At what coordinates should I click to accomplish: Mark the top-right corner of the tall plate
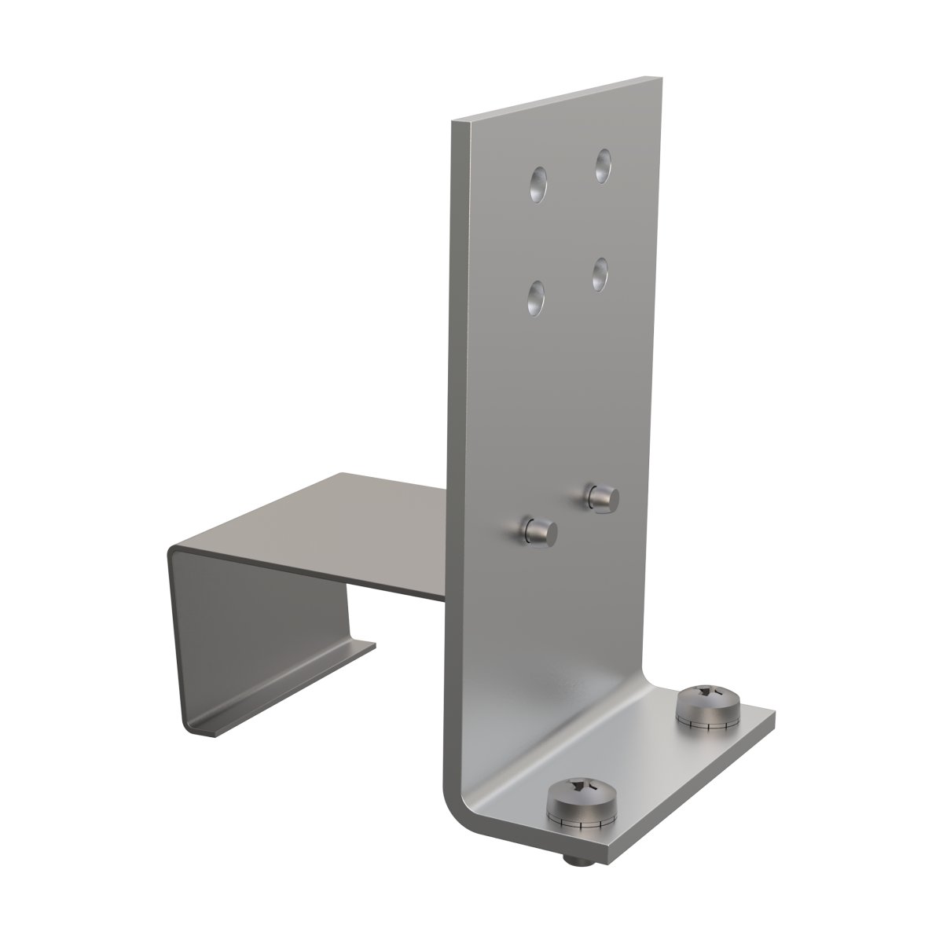click(x=659, y=78)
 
